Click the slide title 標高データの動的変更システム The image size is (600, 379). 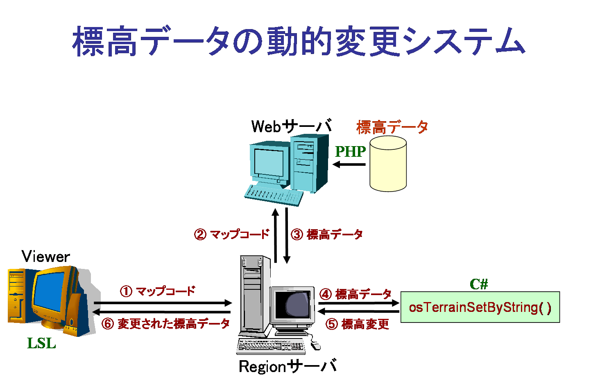tap(299, 41)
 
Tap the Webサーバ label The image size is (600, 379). tap(291, 126)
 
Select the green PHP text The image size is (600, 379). tap(350, 151)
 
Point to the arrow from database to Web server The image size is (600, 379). tap(349, 165)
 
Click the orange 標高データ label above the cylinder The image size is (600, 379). tap(392, 127)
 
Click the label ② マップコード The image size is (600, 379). tap(232, 235)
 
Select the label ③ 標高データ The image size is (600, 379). tap(327, 235)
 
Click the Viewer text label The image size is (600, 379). tap(46, 257)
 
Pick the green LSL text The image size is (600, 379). tap(41, 343)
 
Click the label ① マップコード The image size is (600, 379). tap(158, 291)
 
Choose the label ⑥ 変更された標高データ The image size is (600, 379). tap(166, 324)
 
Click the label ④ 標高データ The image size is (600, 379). tap(355, 294)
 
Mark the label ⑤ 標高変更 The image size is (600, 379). tap(357, 324)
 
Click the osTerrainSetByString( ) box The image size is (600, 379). tap(480, 307)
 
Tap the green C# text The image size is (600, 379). tap(479, 284)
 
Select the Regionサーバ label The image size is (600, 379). tap(288, 366)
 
